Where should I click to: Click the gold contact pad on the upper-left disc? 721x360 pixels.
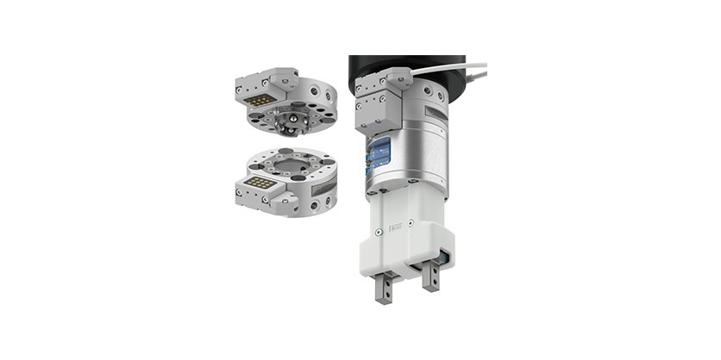click(256, 101)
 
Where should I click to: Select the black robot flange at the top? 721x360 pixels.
click(405, 65)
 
